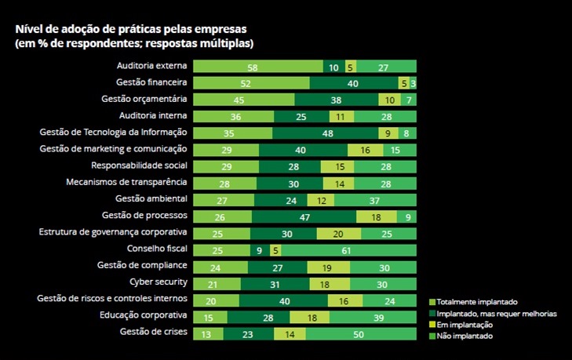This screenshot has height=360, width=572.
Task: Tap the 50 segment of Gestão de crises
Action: click(x=360, y=334)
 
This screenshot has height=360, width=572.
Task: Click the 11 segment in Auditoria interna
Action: click(x=340, y=117)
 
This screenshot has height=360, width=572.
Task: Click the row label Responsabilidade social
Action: click(x=139, y=165)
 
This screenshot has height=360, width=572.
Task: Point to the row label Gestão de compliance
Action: click(x=141, y=265)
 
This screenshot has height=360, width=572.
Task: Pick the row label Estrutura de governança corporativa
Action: click(x=112, y=232)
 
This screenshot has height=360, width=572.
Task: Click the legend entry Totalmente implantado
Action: click(x=475, y=302)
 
